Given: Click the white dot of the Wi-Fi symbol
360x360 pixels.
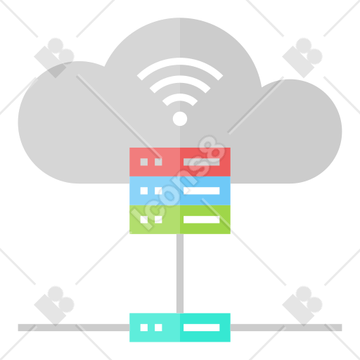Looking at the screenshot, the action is coord(180,119).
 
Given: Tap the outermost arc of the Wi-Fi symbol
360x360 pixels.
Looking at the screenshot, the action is coord(180,61).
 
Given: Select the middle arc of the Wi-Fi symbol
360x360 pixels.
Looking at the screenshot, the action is coord(180,79).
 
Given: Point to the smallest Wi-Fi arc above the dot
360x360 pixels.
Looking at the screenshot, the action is coord(180,97).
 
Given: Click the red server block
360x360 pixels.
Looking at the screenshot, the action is coord(180,162).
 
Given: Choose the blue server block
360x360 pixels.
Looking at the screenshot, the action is coord(180,191).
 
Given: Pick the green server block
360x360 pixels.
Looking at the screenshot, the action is coord(180,219).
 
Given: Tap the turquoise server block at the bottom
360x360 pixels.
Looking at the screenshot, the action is coord(180,328).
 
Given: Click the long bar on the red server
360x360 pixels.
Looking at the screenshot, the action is coord(201,162).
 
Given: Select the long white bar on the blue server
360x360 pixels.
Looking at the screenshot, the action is coord(201,191).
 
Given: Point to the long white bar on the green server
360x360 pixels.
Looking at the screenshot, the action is coord(201,219).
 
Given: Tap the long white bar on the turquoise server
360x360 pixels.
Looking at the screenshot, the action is coord(201,328).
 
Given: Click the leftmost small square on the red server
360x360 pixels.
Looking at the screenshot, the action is coord(144,162).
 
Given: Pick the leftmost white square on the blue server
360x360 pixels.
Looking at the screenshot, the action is coord(144,191).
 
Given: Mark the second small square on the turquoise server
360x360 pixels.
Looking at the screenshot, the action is coord(158,328).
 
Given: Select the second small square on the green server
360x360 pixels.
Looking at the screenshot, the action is coord(158,219).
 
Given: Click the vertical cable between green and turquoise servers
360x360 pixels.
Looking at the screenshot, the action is coord(180,274).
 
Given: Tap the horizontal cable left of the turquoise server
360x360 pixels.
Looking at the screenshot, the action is coord(74,328).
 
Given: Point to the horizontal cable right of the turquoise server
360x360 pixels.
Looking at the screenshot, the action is coord(286,328).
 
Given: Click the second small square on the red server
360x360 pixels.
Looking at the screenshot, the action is coord(158,162).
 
